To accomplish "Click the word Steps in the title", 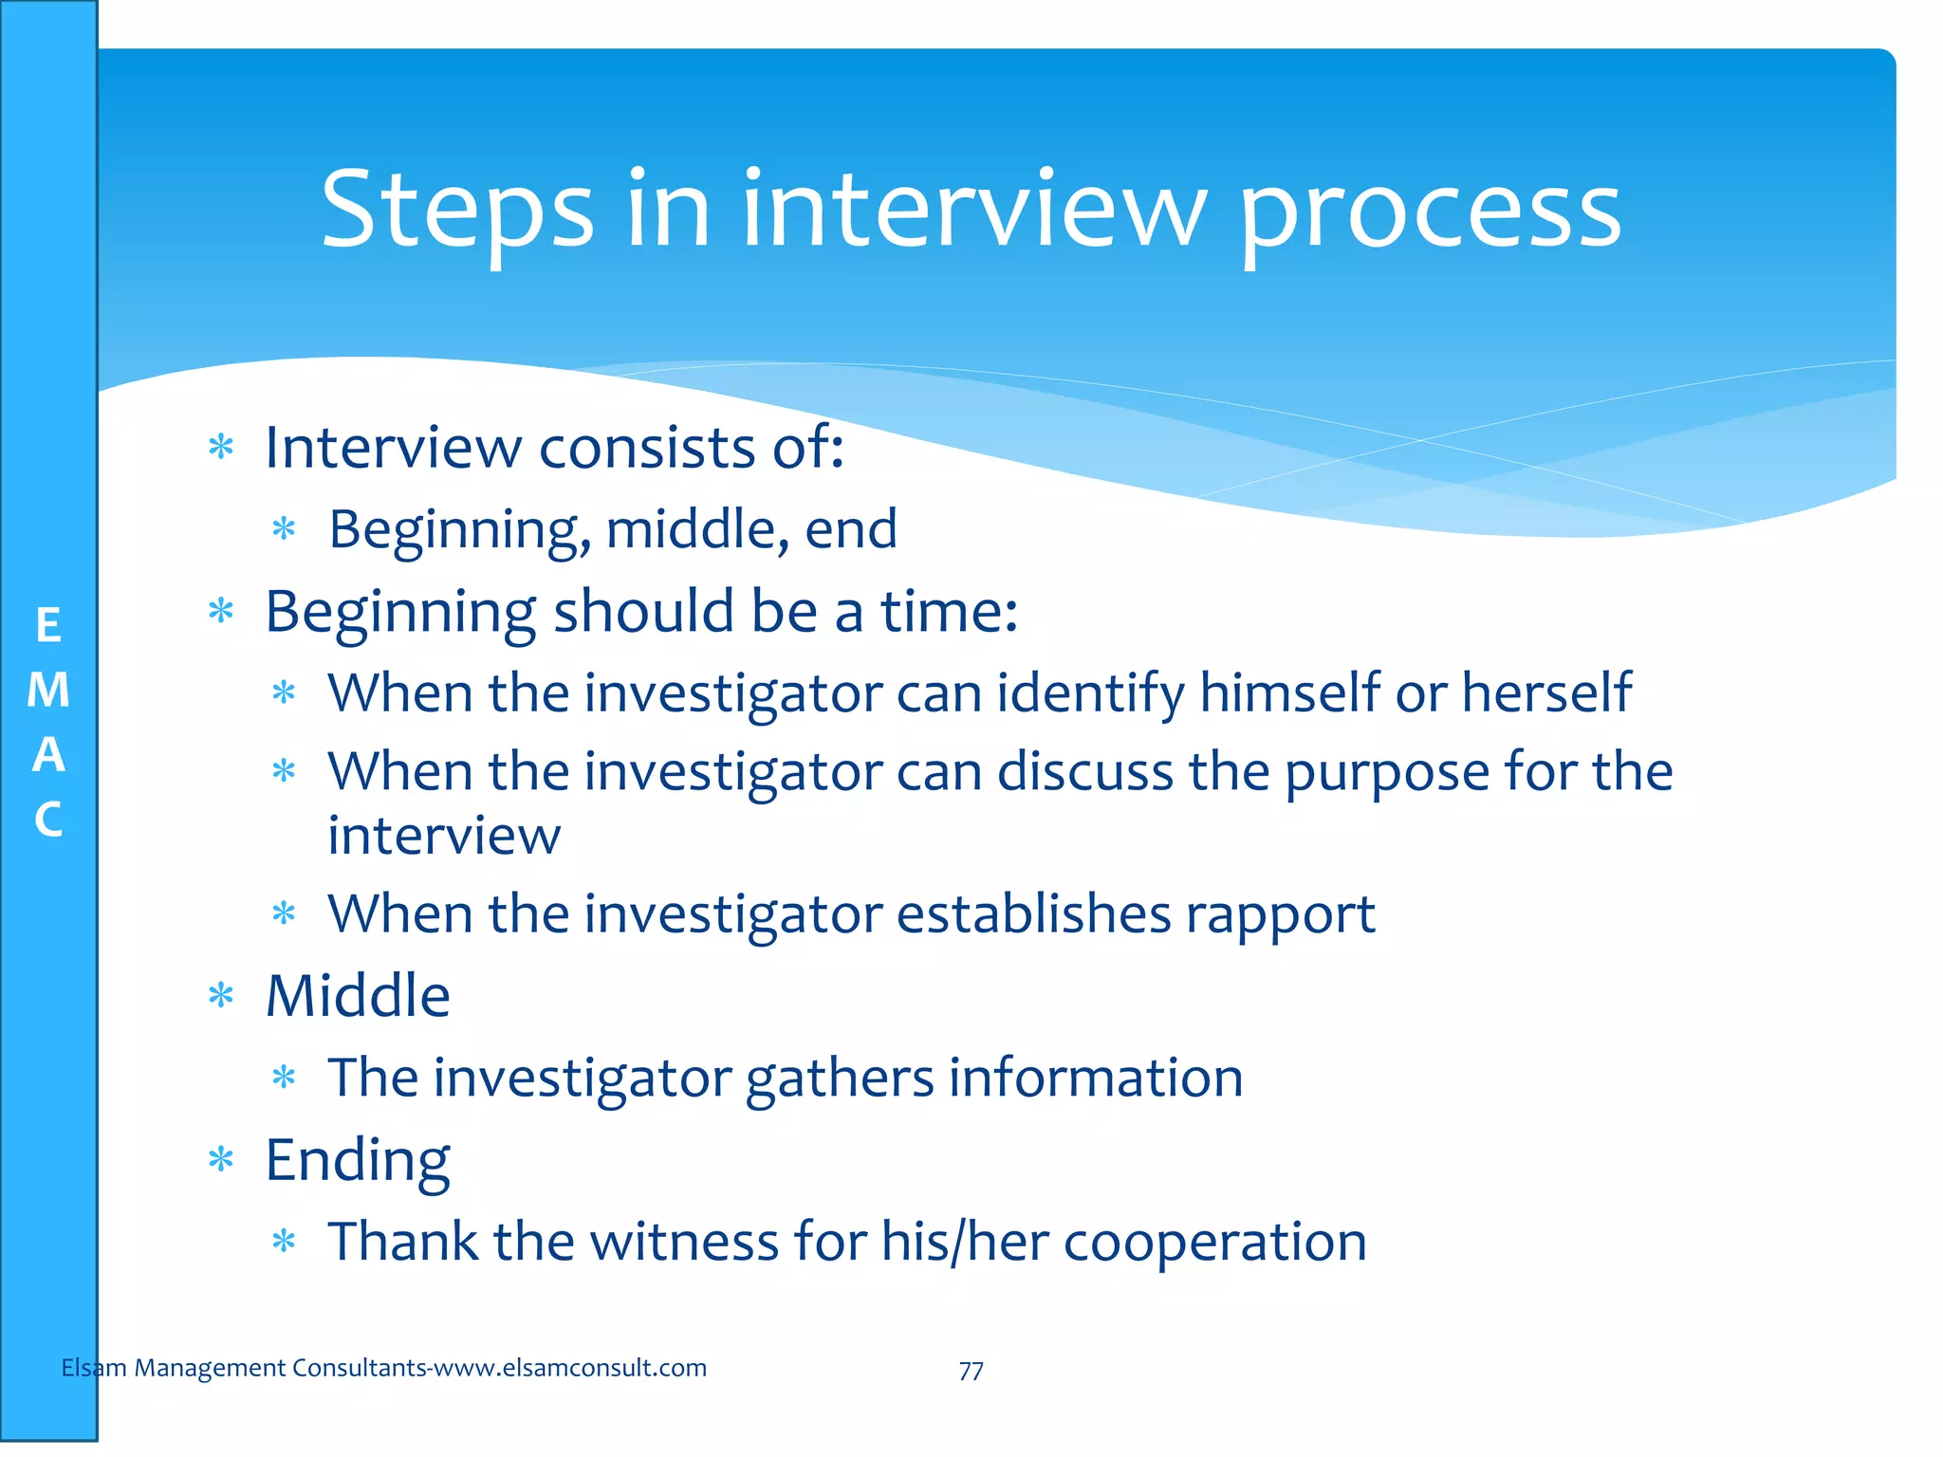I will pyautogui.click(x=457, y=211).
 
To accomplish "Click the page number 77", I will pyautogui.click(x=971, y=1371).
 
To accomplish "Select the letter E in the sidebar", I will pyautogui.click(x=48, y=626).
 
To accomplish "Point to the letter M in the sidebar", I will pyautogui.click(x=48, y=690).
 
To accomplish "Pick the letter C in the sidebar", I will pyautogui.click(x=48, y=820).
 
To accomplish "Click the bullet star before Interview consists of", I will pyautogui.click(x=221, y=447).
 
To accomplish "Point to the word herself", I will pyautogui.click(x=1546, y=692).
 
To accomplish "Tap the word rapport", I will pyautogui.click(x=1280, y=915).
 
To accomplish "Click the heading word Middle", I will pyautogui.click(x=358, y=996).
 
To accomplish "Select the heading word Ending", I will pyautogui.click(x=358, y=1161).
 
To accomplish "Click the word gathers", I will pyautogui.click(x=840, y=1079).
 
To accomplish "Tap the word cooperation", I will pyautogui.click(x=1214, y=1243).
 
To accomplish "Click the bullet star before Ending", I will pyautogui.click(x=221, y=1159).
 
